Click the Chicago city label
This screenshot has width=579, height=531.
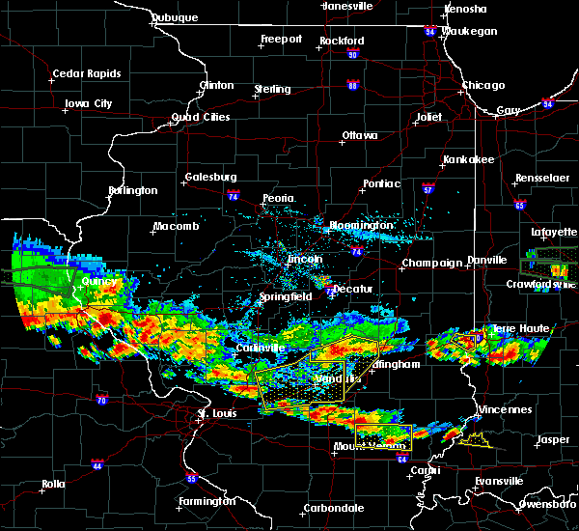482,85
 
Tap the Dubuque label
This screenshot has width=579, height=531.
175,17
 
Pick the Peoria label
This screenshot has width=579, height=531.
279,198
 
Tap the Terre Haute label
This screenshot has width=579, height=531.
521,329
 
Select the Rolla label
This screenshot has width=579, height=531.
54,484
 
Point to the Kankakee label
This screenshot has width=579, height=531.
468,159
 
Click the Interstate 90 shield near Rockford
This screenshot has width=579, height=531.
352,54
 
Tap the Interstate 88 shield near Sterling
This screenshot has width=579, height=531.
353,86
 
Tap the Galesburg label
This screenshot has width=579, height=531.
210,177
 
